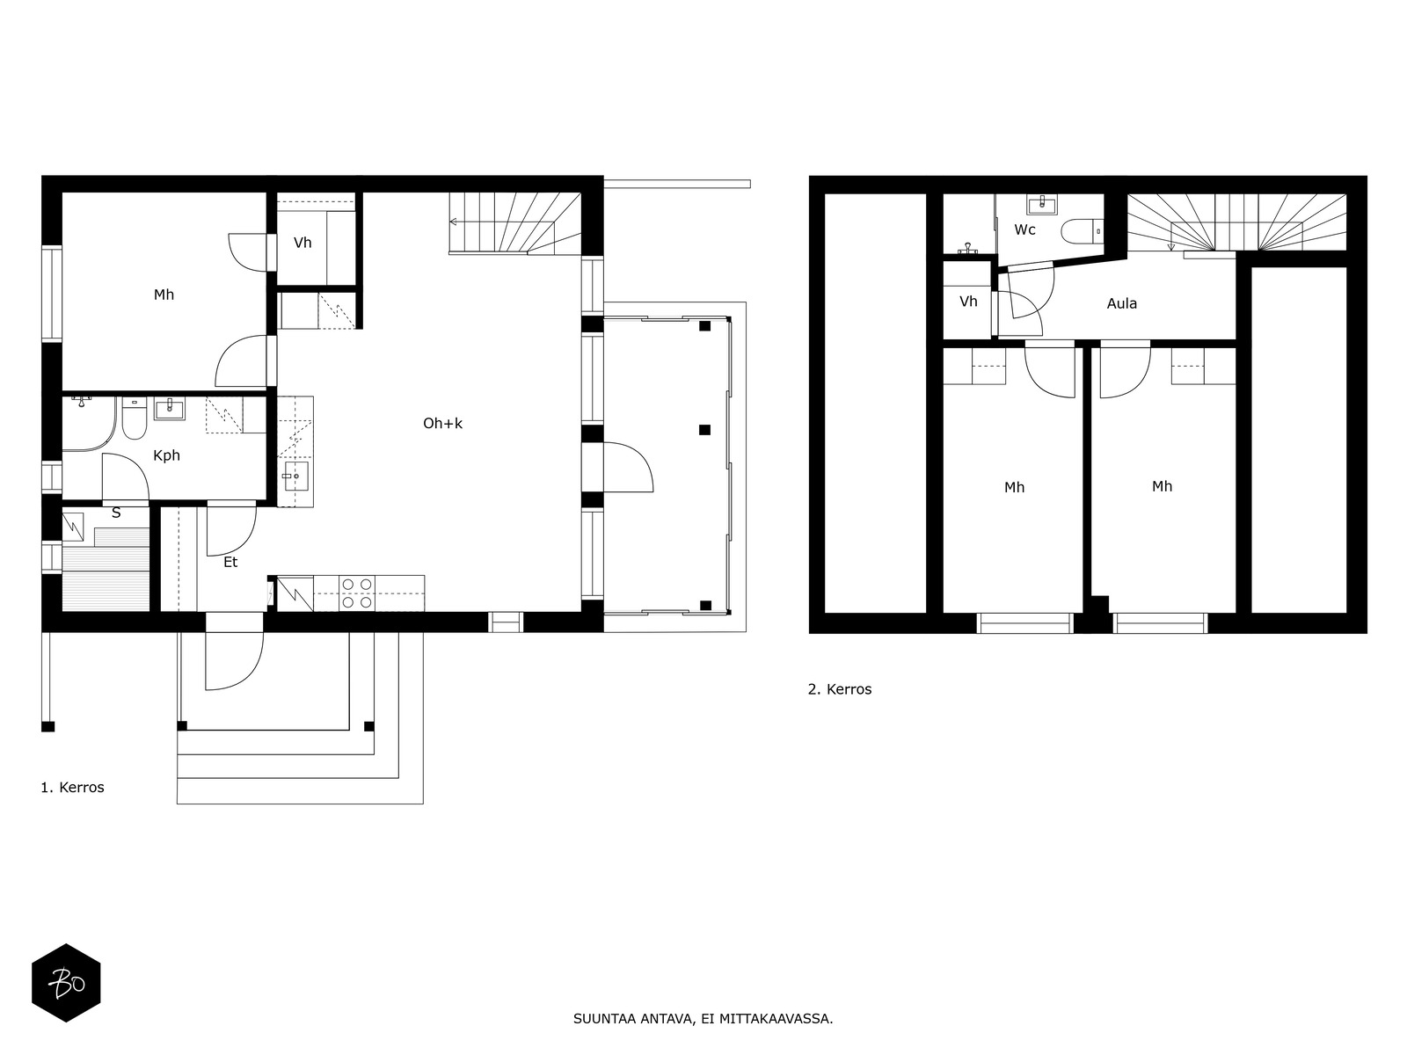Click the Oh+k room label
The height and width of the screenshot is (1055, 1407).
(442, 424)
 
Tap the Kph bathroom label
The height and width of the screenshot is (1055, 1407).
(166, 456)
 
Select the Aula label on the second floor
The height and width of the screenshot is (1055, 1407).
(1122, 303)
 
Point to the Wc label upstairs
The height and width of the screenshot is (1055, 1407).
(1024, 230)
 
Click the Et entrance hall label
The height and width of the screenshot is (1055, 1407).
(230, 563)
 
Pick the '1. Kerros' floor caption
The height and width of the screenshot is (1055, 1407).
(72, 787)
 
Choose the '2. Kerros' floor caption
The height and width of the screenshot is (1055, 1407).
(840, 689)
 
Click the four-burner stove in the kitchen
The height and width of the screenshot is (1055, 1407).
(357, 593)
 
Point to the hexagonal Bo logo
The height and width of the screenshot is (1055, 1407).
(66, 983)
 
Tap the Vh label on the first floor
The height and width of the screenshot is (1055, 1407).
(303, 243)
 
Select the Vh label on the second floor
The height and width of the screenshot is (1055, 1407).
(968, 301)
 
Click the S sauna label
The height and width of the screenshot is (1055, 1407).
(116, 513)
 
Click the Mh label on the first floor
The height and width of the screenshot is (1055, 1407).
(164, 295)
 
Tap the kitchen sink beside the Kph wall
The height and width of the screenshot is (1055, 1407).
(295, 476)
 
